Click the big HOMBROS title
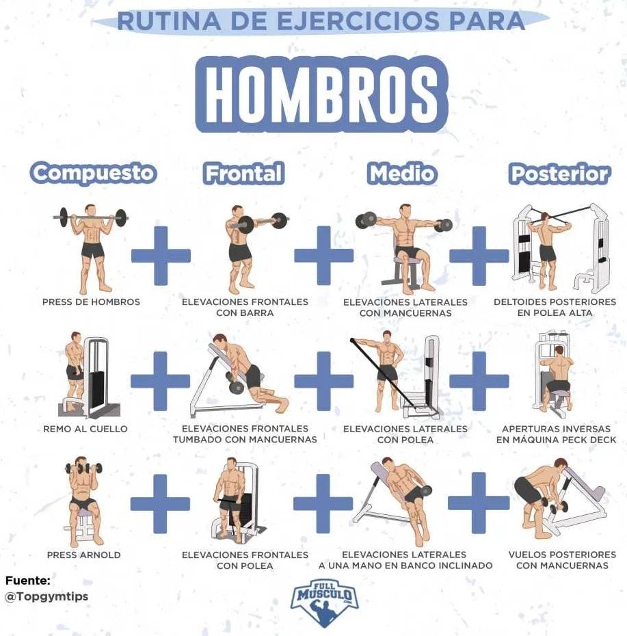(321, 94)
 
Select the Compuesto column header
(93, 173)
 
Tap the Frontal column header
(243, 173)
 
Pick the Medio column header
(402, 173)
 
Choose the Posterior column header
(560, 174)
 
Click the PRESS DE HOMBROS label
(91, 302)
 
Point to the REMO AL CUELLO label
(85, 429)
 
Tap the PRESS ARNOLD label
(83, 555)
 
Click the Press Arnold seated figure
(83, 502)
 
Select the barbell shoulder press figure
(91, 248)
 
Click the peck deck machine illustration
(555, 376)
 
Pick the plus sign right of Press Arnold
(160, 504)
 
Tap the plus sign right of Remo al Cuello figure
(161, 381)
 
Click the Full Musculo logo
(325, 602)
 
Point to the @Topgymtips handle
(46, 596)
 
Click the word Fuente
(28, 581)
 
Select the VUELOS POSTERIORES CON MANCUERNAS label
(562, 559)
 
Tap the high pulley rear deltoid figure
(560, 248)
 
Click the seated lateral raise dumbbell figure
(404, 248)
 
